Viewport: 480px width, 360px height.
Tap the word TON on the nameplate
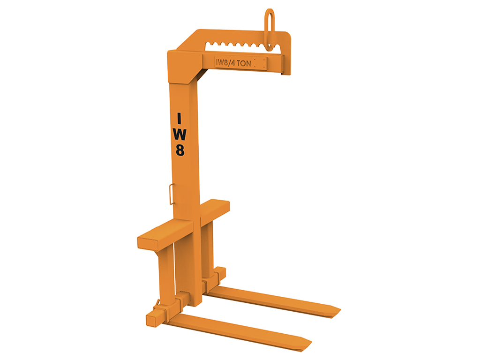tap(244, 63)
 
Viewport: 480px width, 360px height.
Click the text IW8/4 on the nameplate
tap(225, 62)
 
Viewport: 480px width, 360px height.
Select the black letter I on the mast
tap(179, 119)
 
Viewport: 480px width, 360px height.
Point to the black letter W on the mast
tap(180, 134)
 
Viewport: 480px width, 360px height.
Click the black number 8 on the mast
tap(180, 150)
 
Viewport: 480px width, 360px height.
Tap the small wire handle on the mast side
tap(172, 194)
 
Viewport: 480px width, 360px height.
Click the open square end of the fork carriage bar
tap(152, 320)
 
